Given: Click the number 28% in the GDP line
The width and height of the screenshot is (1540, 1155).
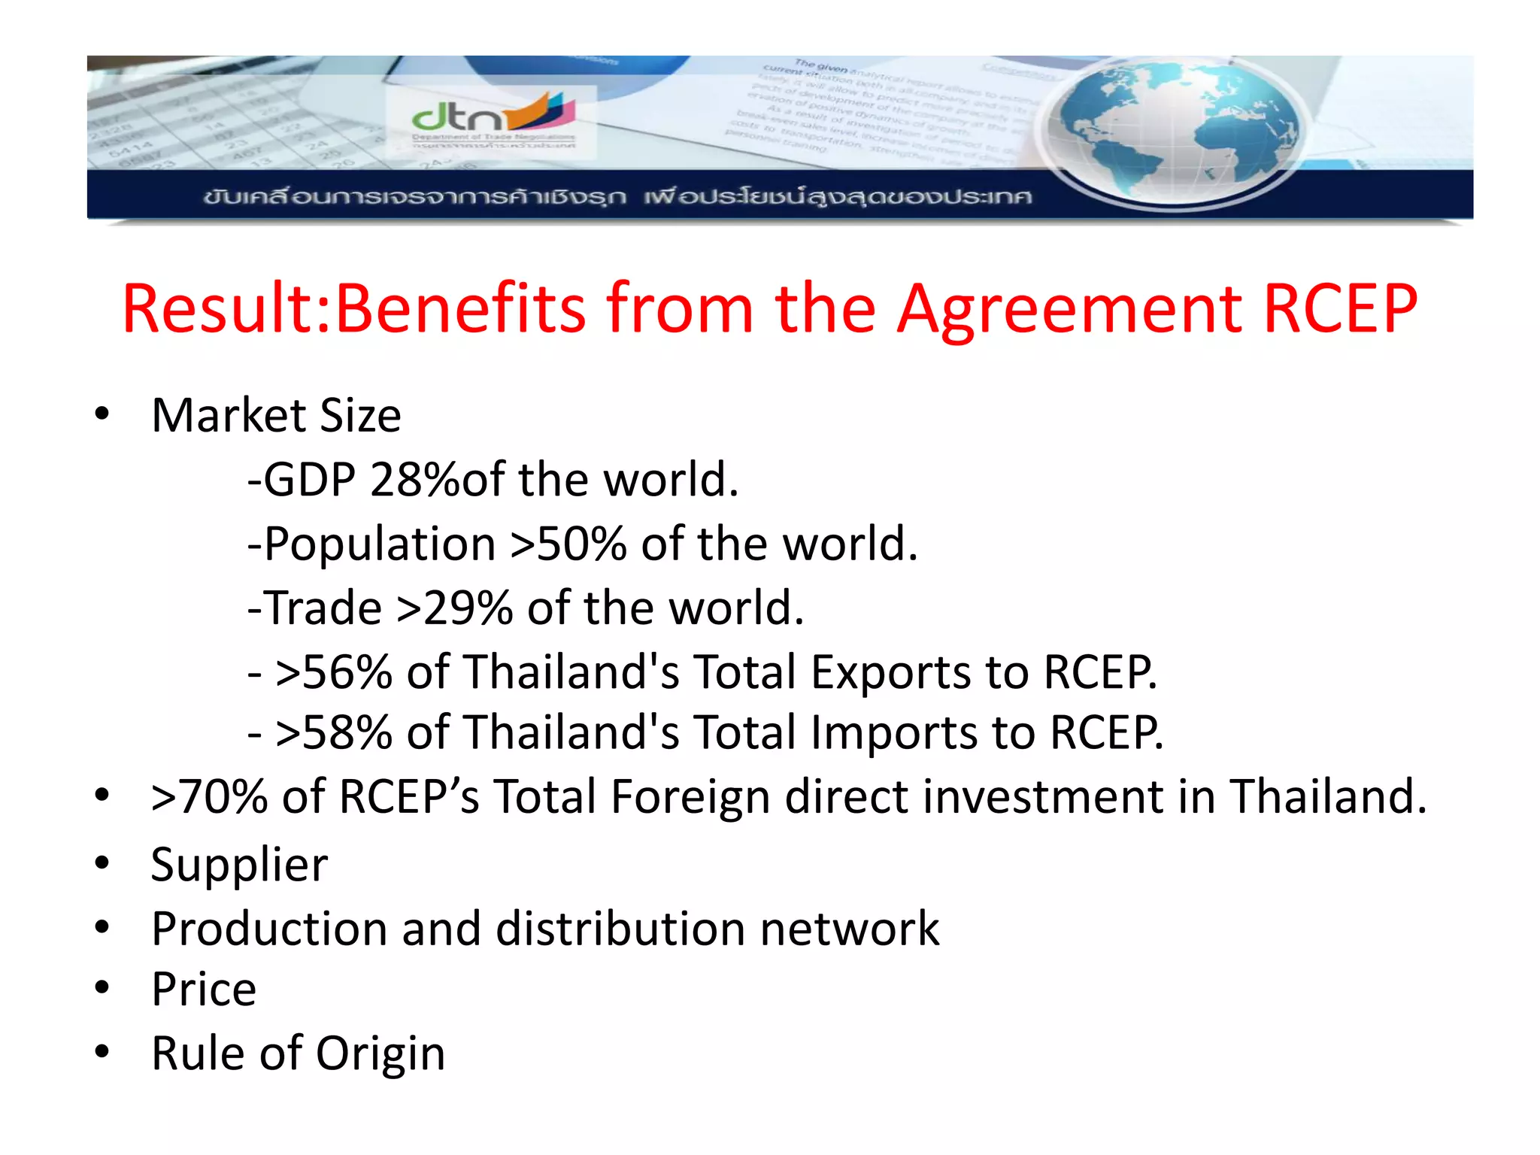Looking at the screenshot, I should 414,480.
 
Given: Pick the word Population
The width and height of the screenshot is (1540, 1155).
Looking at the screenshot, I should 380,544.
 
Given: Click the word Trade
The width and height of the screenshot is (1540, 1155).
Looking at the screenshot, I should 323,608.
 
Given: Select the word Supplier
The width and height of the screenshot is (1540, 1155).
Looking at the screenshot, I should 239,865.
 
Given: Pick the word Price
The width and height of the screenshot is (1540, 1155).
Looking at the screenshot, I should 204,989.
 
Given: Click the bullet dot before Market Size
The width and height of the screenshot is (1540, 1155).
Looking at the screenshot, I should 102,414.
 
